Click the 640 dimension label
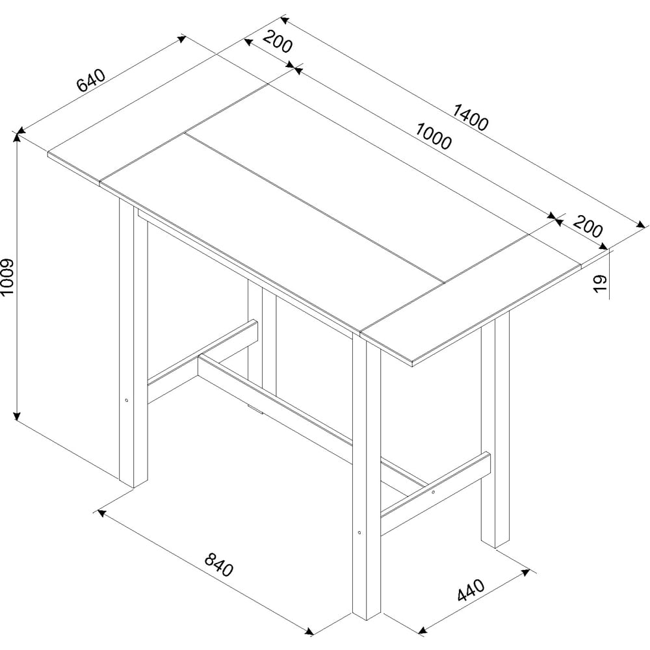[92, 80]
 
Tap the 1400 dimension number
[471, 116]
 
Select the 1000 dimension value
[433, 136]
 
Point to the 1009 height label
[7, 278]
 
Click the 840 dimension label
[219, 564]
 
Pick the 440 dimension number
[471, 590]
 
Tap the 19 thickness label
[600, 283]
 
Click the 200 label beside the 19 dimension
[588, 226]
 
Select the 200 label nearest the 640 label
[278, 42]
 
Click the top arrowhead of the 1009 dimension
[17, 137]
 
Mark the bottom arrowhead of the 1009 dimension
[17, 415]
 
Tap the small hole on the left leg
[127, 400]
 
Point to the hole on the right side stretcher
[433, 492]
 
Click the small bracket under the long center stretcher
[255, 409]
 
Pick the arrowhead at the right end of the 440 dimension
[526, 573]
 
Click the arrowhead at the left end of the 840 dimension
[100, 513]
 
